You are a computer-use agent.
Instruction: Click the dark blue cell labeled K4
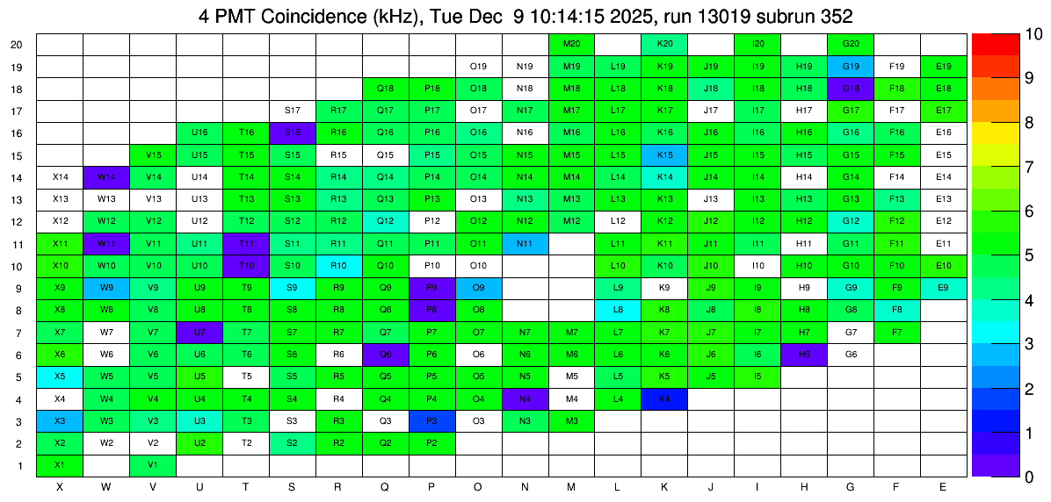664,399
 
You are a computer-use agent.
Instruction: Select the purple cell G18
851,89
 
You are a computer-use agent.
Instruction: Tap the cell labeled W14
106,177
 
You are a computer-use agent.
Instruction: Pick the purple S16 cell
293,133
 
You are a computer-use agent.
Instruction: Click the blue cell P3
431,421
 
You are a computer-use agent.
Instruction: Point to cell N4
525,399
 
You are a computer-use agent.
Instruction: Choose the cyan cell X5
60,376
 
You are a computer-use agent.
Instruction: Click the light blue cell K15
664,155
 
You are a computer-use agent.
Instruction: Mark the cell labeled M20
571,44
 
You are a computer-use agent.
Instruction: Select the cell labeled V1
153,465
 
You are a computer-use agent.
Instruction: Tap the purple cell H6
804,355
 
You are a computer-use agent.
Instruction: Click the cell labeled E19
944,66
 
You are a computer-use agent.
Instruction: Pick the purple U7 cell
199,333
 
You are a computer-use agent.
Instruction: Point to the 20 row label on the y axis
17,45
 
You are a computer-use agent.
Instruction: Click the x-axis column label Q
385,487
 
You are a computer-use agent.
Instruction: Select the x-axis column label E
944,487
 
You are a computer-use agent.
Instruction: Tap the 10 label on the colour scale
1009,35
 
